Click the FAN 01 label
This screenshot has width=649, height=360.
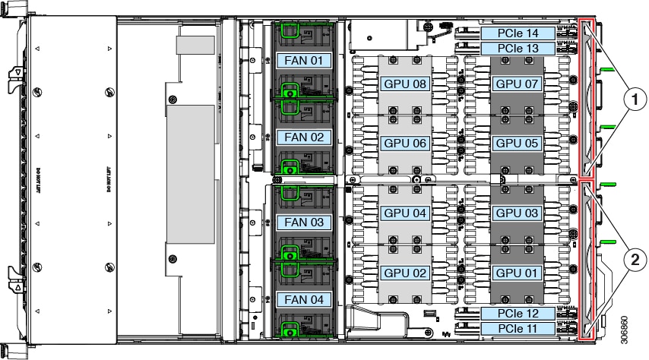tap(304, 59)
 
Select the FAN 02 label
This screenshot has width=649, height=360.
tap(304, 137)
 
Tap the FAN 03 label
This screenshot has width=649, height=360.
tap(304, 223)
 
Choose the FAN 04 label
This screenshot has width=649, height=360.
tap(304, 299)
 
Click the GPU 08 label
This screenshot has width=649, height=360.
tap(405, 84)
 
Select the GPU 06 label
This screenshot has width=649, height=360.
tap(405, 142)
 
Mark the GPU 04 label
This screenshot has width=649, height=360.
tap(405, 213)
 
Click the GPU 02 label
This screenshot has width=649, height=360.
tap(405, 272)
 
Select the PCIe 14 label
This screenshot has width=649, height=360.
tap(518, 33)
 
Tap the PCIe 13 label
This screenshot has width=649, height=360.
tap(518, 49)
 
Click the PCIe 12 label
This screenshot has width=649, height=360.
tap(518, 313)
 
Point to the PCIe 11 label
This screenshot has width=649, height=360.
tap(518, 328)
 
